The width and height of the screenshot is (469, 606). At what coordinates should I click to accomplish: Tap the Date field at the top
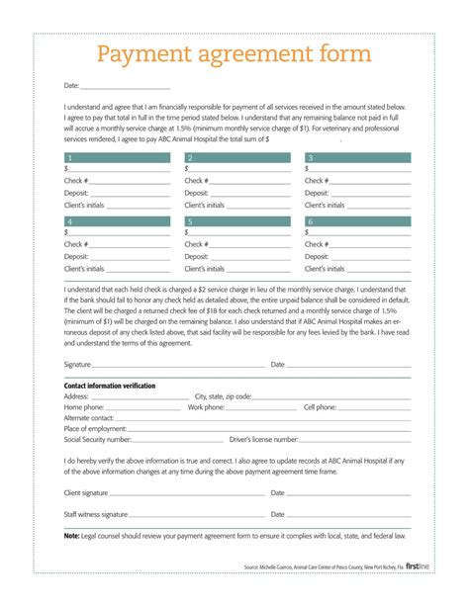(x=125, y=87)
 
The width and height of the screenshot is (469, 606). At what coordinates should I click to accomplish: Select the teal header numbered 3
(x=358, y=158)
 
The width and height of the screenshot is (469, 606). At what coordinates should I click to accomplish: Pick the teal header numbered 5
(x=237, y=222)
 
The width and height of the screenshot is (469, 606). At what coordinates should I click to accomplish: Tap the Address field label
(x=77, y=396)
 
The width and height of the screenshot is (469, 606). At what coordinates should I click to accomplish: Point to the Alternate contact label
(x=88, y=418)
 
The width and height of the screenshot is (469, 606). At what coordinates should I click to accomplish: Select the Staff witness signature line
(x=198, y=515)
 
